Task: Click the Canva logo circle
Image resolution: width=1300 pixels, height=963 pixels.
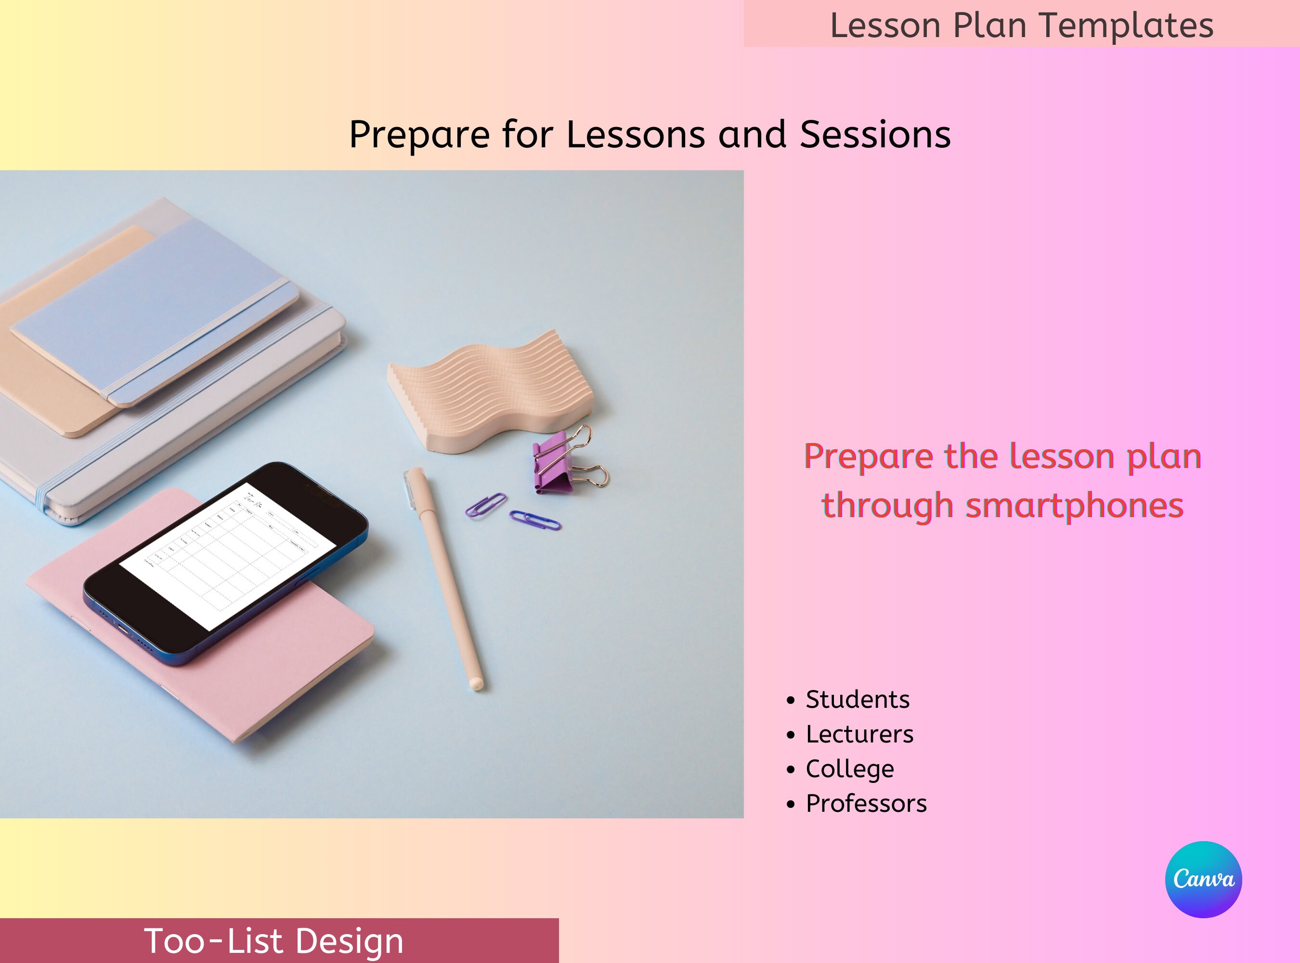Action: point(1203,879)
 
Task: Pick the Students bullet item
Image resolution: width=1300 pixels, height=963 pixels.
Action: point(857,700)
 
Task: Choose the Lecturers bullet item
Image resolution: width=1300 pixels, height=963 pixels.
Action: point(859,734)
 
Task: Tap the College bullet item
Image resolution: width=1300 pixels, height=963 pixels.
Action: point(849,769)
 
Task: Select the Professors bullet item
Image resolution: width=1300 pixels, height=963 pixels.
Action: point(866,803)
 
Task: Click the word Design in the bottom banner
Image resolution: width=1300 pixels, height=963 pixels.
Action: point(349,941)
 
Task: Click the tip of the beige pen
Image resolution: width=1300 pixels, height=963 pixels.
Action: point(476,683)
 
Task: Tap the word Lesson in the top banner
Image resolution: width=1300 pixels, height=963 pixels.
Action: point(885,26)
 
